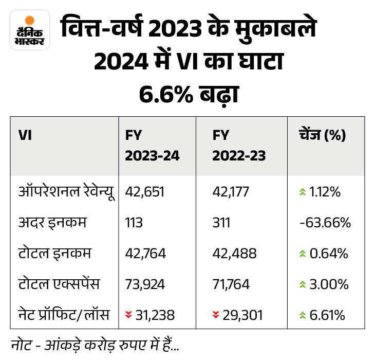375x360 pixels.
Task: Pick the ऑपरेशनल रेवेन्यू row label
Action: pos(65,192)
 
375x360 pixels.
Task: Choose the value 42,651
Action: pos(143,192)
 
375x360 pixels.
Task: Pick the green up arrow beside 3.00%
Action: pos(302,284)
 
